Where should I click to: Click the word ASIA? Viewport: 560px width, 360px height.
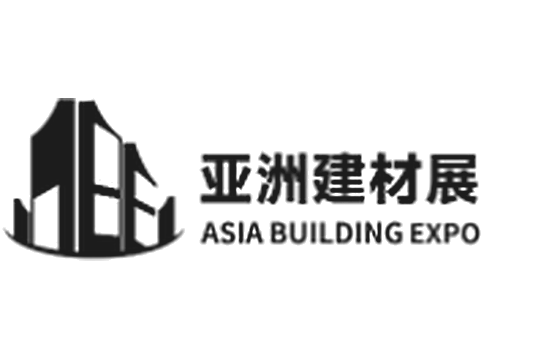(232, 233)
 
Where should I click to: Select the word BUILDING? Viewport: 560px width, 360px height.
(336, 233)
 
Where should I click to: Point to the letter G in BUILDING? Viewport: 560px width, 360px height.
(391, 233)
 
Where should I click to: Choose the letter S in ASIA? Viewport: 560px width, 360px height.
(230, 233)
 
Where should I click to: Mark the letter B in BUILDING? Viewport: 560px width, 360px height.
(279, 233)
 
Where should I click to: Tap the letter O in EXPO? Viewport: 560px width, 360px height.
(469, 233)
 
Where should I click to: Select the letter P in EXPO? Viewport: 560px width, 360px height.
(451, 233)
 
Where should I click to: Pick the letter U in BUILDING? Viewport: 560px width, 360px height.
(299, 234)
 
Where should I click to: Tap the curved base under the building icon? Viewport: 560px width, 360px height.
(94, 252)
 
